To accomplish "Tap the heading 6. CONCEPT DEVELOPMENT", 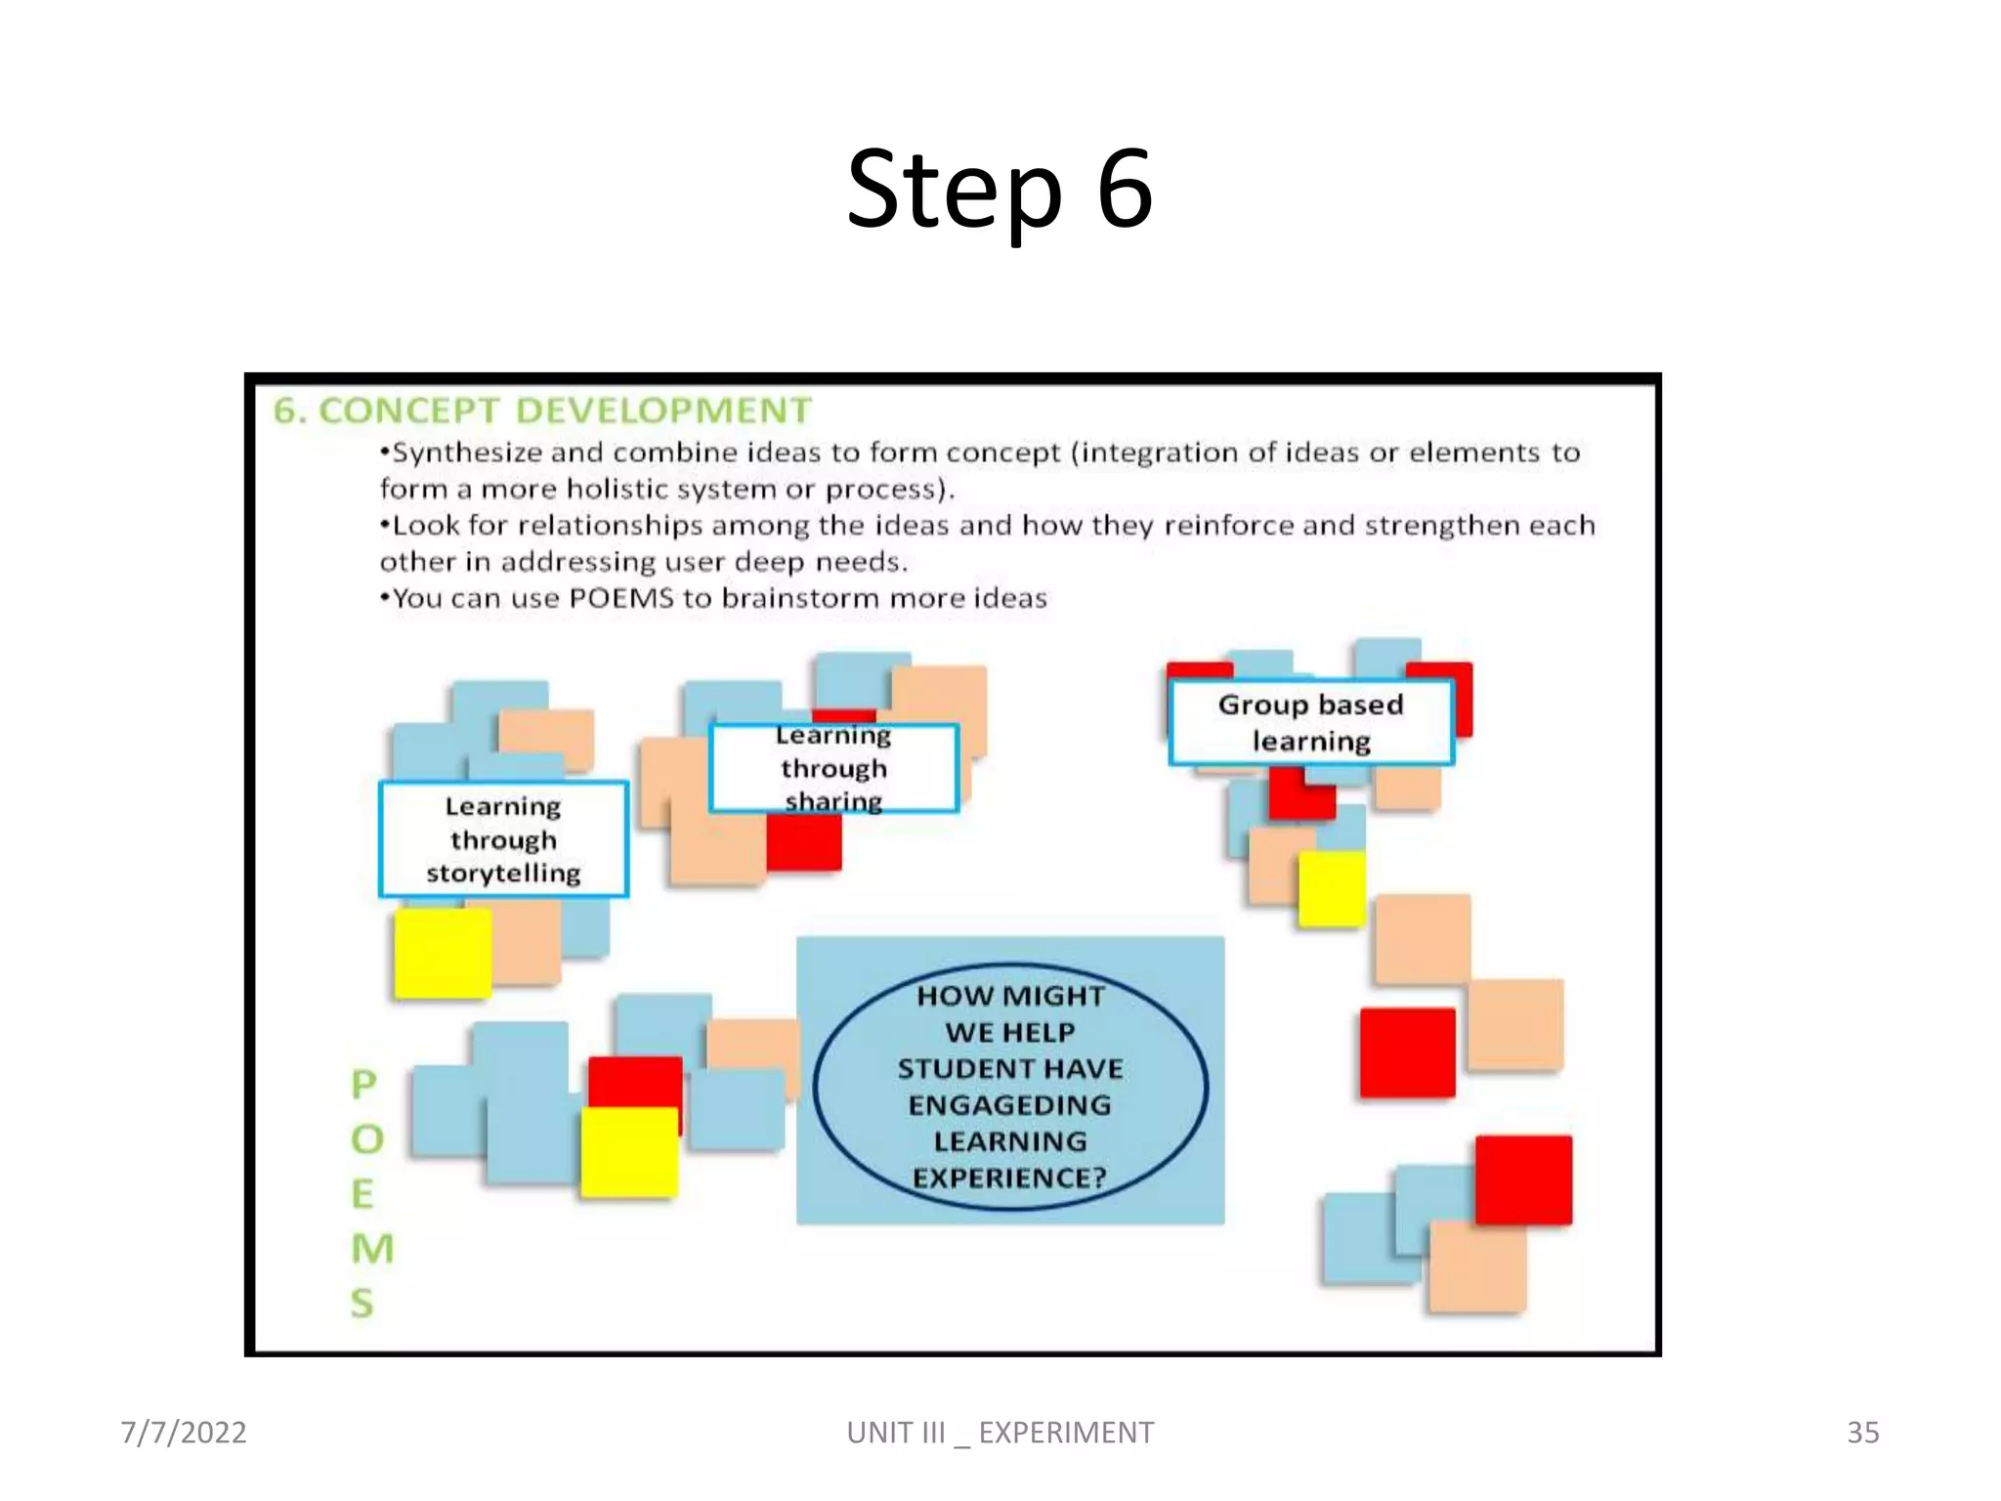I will pos(542,410).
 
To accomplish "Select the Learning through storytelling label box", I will pos(503,838).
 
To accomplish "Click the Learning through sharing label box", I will pos(833,768).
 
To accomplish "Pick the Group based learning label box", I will pos(1311,722).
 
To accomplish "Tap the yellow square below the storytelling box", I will pos(442,953).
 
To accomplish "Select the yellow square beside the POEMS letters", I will pos(629,1153).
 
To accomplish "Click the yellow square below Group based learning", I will pos(1331,888).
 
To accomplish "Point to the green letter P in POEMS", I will pos(363,1084).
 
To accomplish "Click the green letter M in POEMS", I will pos(371,1248).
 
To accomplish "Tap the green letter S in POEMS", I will pos(362,1303).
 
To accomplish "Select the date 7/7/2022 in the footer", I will pos(184,1433).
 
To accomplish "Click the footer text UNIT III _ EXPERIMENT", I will pos(1000,1433).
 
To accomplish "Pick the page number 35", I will pos(1862,1433).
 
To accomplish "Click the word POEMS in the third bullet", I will pos(621,598).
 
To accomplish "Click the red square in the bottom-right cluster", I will pos(1523,1179).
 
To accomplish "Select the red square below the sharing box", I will pos(803,841).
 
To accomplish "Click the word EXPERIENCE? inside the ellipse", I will pos(1008,1178).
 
